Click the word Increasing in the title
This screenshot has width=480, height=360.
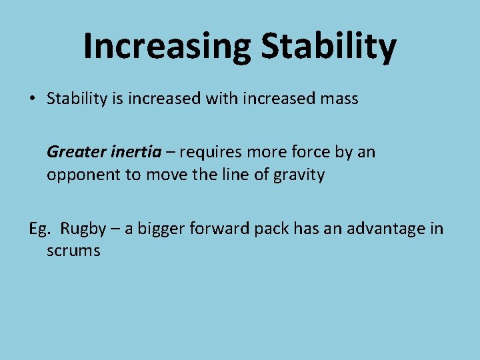pyautogui.click(x=167, y=46)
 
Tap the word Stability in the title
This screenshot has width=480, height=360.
pyautogui.click(x=329, y=46)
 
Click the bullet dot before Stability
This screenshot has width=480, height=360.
pyautogui.click(x=32, y=99)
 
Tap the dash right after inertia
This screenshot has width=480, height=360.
pyautogui.click(x=170, y=153)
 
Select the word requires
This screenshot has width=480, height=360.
pyautogui.click(x=210, y=153)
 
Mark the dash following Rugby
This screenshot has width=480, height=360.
pyautogui.click(x=115, y=229)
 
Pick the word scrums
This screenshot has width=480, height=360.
pyautogui.click(x=73, y=251)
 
